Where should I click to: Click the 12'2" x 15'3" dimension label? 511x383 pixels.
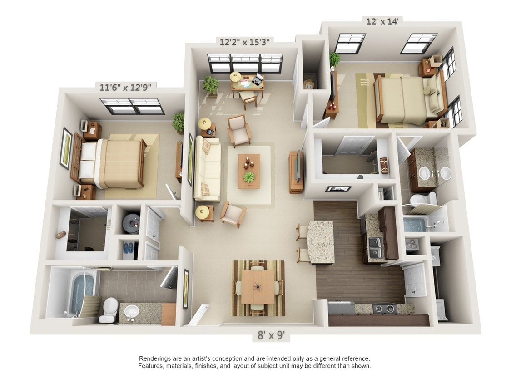244,42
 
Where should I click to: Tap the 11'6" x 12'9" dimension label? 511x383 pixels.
126,87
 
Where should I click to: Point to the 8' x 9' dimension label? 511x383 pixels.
271,335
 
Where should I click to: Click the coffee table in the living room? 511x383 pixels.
249,171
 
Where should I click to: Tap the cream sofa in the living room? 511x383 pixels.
207,169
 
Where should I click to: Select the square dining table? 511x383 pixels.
258,287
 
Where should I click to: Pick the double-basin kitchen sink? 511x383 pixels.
376,247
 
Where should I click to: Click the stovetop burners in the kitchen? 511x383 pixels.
385,309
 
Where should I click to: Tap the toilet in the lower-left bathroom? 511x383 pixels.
109,310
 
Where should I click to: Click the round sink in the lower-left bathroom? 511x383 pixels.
132,311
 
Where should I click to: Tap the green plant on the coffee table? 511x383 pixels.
249,177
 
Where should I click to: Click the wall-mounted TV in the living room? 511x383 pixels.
298,166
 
